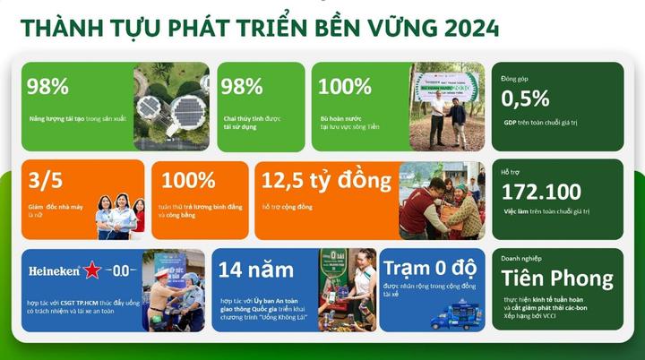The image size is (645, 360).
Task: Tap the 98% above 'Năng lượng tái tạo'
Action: (x=47, y=87)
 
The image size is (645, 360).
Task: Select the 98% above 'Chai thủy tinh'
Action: (x=242, y=87)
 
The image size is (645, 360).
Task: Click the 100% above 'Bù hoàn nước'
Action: (x=345, y=87)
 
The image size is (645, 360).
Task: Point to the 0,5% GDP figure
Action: (x=525, y=98)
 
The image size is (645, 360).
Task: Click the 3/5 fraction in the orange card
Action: (x=43, y=181)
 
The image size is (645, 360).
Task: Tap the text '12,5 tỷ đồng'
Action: (x=326, y=181)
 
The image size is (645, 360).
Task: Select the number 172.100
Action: (x=541, y=191)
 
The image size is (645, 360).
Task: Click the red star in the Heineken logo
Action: (x=91, y=270)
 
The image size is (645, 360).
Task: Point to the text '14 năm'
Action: (x=255, y=269)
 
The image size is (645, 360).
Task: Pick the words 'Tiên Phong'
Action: (x=557, y=279)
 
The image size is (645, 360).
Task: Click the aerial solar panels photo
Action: (x=171, y=106)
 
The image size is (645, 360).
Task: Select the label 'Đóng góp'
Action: (x=514, y=79)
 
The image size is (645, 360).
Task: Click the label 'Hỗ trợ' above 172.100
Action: (x=511, y=170)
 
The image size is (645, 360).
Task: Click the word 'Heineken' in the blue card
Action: (x=54, y=270)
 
